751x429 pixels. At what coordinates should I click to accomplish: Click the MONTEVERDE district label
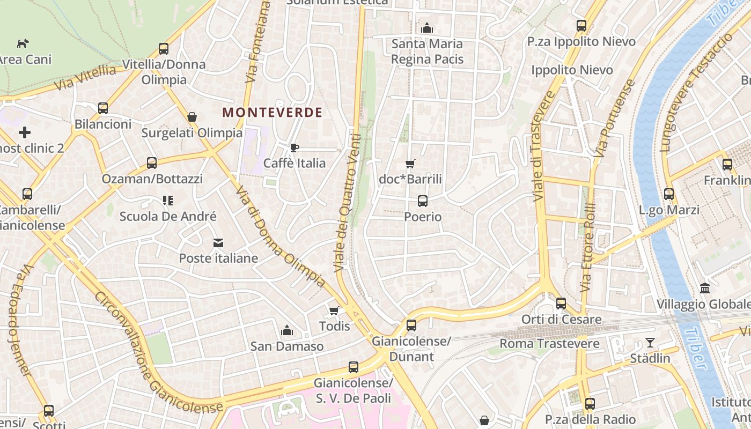coord(272,113)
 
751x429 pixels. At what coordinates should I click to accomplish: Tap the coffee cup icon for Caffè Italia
coord(294,147)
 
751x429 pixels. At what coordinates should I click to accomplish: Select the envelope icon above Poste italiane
coord(218,243)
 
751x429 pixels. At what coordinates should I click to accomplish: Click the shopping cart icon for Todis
coord(334,310)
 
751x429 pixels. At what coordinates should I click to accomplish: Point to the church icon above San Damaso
coord(287,330)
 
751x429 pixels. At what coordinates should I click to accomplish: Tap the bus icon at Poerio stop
coord(423,201)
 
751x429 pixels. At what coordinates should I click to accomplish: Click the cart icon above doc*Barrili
coord(410,164)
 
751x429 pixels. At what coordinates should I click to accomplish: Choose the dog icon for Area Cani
coord(23,43)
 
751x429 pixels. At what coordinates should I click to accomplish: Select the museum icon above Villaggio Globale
coord(705,289)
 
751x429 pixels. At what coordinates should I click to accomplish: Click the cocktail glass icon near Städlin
coord(650,342)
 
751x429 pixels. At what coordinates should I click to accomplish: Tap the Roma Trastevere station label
coord(549,344)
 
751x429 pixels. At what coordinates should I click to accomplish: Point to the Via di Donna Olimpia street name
coord(280,236)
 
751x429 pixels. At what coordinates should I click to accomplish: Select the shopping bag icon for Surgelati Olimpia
coord(192,117)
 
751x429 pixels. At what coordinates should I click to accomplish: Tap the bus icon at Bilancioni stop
coord(103,108)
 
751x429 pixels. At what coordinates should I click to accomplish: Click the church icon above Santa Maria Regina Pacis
coord(427,27)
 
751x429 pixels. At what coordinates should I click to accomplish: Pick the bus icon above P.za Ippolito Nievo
coord(581,25)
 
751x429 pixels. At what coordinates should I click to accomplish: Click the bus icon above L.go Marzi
coord(669,194)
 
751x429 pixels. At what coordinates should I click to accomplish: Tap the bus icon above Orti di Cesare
coord(561,304)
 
